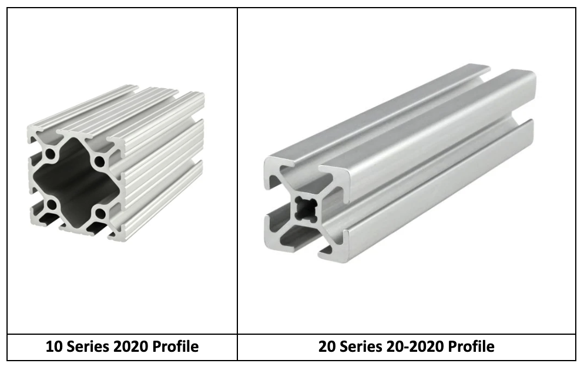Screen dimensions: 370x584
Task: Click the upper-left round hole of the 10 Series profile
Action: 51,154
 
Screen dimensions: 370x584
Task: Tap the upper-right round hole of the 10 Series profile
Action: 99,161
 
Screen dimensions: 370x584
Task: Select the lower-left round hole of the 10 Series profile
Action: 52,204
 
